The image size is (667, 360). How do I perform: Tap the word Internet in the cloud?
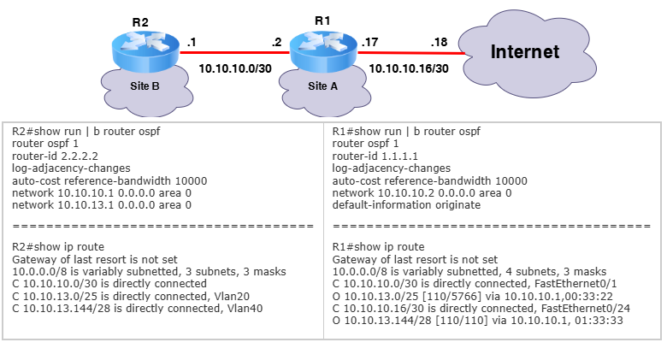click(x=525, y=52)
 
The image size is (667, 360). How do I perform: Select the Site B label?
click(x=145, y=86)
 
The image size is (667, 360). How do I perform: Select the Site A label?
click(x=323, y=86)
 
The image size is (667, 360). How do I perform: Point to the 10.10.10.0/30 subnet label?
click(x=235, y=68)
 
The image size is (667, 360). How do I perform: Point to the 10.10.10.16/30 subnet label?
click(x=409, y=68)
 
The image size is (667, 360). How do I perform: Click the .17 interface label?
click(x=369, y=42)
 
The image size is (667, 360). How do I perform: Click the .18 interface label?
click(x=439, y=42)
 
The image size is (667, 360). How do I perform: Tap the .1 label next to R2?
click(x=192, y=42)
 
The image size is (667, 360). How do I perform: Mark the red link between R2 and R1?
click(x=234, y=53)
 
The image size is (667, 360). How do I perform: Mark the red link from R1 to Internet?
click(x=411, y=53)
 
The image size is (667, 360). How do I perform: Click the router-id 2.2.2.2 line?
click(x=55, y=156)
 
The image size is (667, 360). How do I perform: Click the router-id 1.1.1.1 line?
click(x=375, y=156)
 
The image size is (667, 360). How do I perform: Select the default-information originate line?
click(x=406, y=205)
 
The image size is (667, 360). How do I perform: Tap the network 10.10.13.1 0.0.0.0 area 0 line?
click(x=102, y=205)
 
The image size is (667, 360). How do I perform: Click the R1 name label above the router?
click(x=322, y=21)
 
